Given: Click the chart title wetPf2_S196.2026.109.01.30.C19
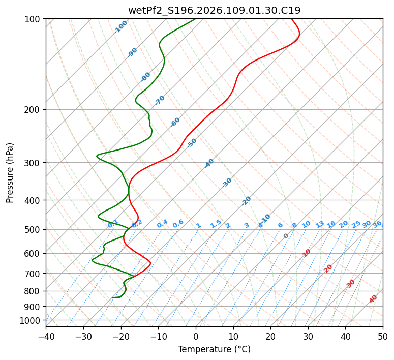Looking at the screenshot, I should coord(214,10).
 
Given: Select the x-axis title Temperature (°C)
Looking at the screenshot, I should coord(214,350).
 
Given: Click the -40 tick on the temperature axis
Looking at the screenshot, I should coord(46,336).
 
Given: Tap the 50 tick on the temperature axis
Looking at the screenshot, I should coord(383,336).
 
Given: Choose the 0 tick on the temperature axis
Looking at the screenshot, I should coord(196,336).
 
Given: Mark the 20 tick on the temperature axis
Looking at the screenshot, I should coord(270,336).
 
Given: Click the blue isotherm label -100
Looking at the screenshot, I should coord(120,27).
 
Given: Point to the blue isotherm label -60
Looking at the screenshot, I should coord(175,122).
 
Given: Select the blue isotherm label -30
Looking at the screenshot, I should coord(227,183).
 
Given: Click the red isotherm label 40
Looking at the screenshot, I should coord(373,299).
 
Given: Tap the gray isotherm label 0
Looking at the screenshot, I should coord(286,236).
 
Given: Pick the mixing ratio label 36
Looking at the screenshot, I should coord(377,224).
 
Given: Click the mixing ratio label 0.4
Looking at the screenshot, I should coord(162,224).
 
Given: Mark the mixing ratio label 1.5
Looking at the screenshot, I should coord(216,223).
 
